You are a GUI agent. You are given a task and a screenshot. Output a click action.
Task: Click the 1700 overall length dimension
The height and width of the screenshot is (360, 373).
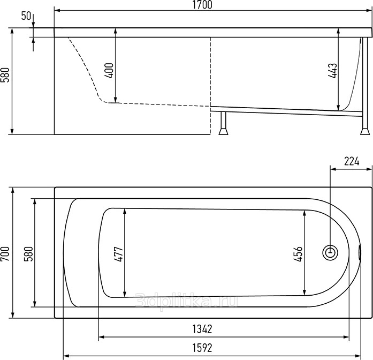point(202,5)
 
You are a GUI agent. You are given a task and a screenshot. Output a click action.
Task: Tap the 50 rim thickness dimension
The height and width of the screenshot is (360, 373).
point(26,16)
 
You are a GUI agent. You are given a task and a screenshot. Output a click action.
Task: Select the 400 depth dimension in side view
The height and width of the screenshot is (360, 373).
point(109,71)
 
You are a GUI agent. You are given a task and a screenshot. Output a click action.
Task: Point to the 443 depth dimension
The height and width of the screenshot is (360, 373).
point(332,71)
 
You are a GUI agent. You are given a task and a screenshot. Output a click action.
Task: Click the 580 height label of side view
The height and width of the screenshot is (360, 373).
point(5,75)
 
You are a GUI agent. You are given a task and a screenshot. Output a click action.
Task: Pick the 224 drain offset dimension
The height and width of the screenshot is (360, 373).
point(352,161)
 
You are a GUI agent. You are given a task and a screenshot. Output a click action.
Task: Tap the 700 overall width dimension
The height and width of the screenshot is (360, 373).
point(5,254)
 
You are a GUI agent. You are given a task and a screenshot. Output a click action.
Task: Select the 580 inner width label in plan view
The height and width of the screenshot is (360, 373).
point(28,254)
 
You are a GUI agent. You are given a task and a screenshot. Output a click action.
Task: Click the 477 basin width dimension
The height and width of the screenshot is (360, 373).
point(118,254)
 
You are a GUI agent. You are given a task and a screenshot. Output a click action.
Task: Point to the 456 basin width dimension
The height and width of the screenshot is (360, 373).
point(298,254)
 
